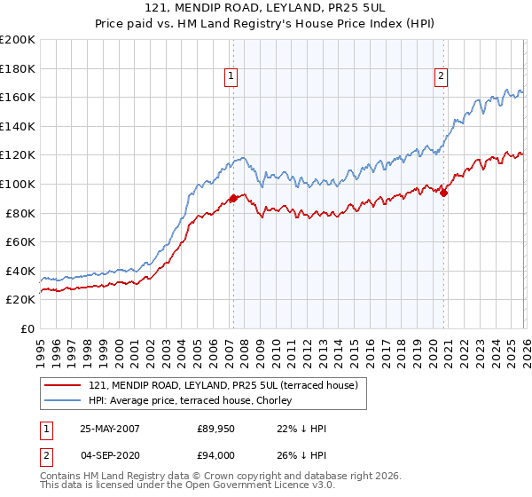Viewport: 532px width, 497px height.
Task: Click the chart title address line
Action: pyautogui.click(x=265, y=8)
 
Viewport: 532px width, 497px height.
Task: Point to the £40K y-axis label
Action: pyautogui.click(x=20, y=271)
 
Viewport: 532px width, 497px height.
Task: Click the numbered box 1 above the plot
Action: pyautogui.click(x=231, y=77)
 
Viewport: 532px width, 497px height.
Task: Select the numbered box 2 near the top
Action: pyautogui.click(x=441, y=77)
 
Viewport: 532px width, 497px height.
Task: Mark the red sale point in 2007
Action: pyautogui.click(x=233, y=199)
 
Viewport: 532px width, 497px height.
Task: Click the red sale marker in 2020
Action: pyautogui.click(x=444, y=193)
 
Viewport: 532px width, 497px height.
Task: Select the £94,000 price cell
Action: pyautogui.click(x=215, y=455)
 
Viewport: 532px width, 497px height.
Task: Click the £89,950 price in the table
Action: pyautogui.click(x=215, y=428)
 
